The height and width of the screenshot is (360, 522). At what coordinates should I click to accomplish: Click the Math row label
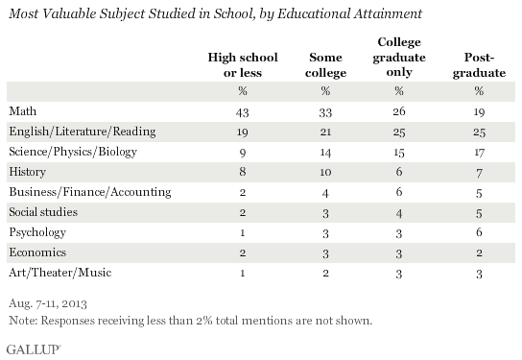[x=22, y=109]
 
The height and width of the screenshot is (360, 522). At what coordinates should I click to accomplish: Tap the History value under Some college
[x=325, y=171]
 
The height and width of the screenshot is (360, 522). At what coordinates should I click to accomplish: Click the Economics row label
[x=34, y=252]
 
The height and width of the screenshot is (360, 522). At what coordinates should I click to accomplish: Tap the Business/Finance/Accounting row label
[x=75, y=191]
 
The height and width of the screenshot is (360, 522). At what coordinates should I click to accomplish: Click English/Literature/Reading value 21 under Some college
[x=325, y=130]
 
